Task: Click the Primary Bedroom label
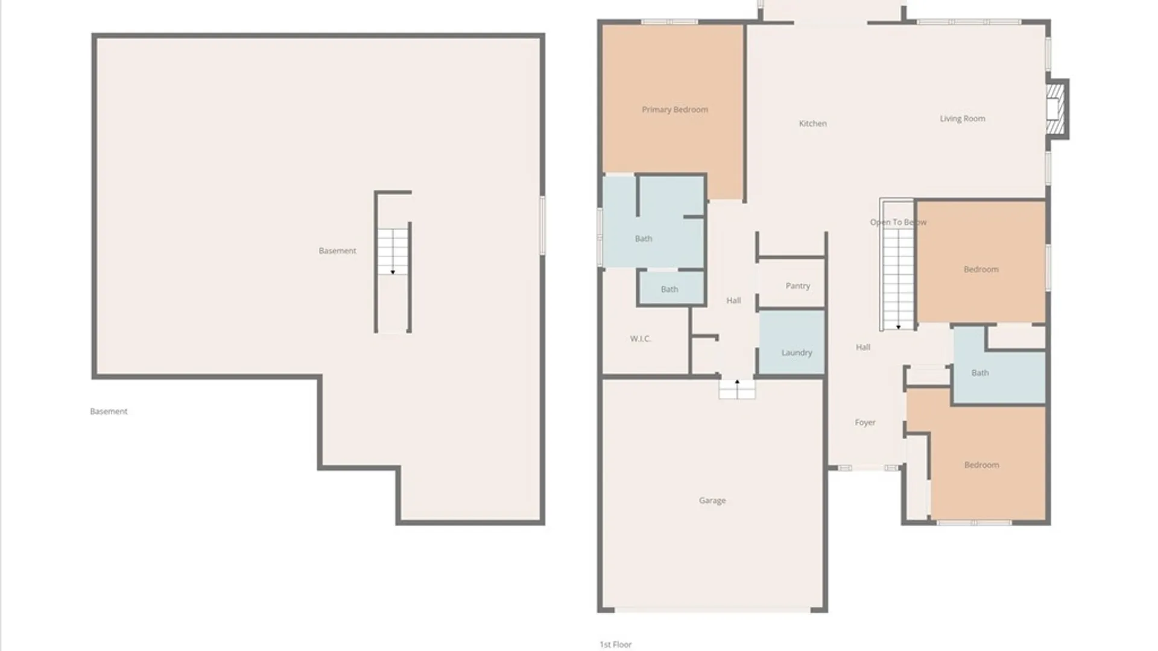click(675, 110)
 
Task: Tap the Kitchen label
click(812, 124)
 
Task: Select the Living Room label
click(962, 119)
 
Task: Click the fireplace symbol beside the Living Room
click(1055, 109)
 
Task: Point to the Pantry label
click(797, 286)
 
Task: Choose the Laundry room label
click(797, 353)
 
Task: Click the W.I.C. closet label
click(640, 339)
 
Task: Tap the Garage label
click(712, 500)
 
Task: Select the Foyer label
click(865, 423)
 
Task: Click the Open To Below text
click(898, 222)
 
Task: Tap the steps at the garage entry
click(737, 389)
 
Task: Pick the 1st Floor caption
click(615, 644)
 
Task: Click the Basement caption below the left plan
click(109, 412)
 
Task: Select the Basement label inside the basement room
click(337, 251)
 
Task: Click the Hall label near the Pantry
click(733, 300)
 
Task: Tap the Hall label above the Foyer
click(863, 347)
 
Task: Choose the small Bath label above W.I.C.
click(669, 289)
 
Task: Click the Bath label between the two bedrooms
click(980, 373)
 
